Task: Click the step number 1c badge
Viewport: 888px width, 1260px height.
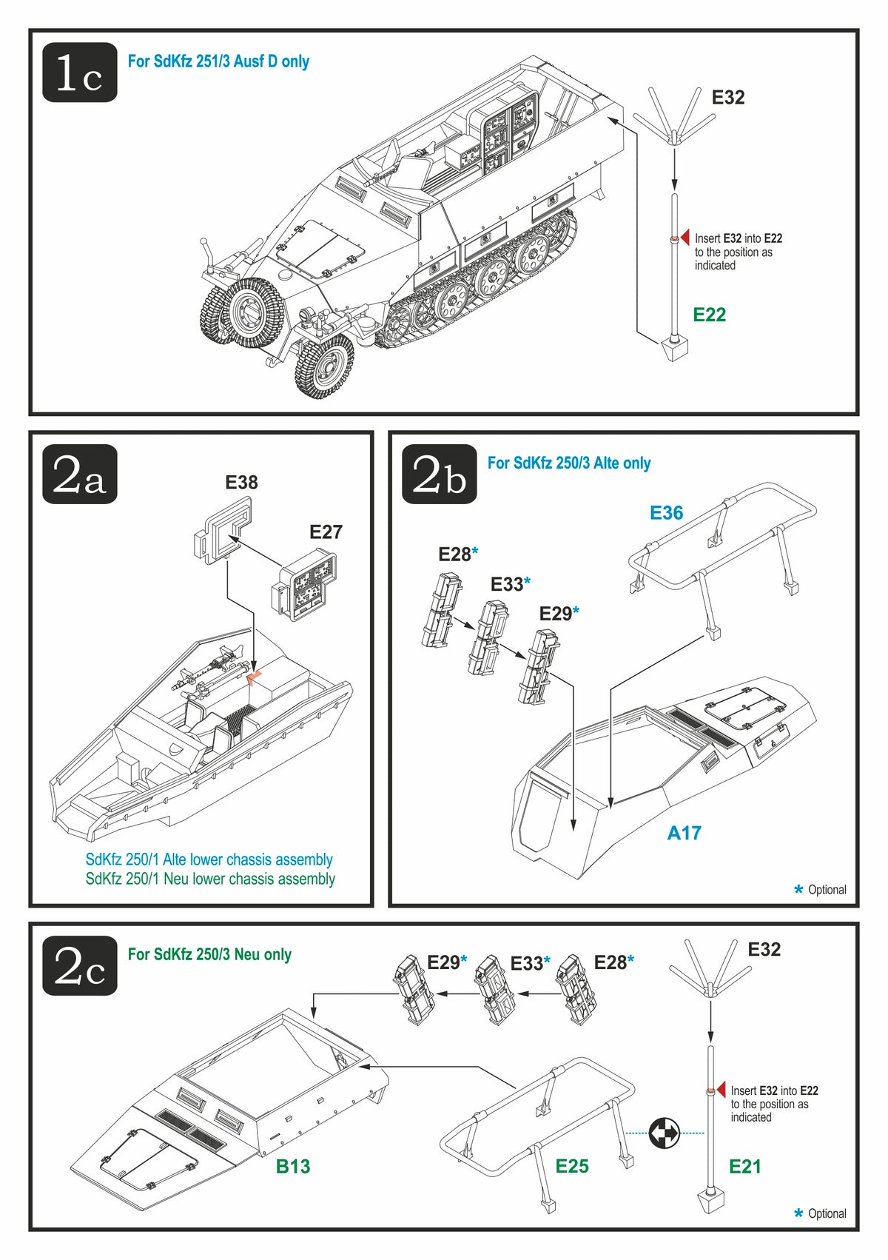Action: click(x=80, y=73)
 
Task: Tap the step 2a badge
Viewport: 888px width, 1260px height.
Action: click(x=80, y=475)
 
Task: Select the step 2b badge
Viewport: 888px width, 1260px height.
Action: click(x=440, y=475)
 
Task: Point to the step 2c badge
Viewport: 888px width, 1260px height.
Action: click(x=80, y=965)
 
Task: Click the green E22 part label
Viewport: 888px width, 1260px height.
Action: click(x=709, y=315)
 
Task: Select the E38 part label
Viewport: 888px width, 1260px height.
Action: click(x=241, y=483)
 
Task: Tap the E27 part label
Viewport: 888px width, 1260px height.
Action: click(x=326, y=532)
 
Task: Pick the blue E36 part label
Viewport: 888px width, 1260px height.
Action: click(x=666, y=513)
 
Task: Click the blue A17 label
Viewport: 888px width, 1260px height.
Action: click(x=684, y=834)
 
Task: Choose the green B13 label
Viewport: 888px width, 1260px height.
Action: click(x=293, y=1167)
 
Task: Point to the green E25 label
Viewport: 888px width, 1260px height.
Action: click(x=572, y=1167)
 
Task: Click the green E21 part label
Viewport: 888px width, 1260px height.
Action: click(x=744, y=1167)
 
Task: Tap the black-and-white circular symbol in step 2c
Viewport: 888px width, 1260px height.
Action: click(x=664, y=1133)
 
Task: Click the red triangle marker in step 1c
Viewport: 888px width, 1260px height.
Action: click(x=684, y=238)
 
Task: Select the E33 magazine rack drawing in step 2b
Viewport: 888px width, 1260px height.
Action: click(x=488, y=637)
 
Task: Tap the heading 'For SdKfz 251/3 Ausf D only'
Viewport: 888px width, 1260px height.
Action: click(x=218, y=61)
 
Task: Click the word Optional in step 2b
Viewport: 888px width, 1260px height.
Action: click(x=827, y=890)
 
